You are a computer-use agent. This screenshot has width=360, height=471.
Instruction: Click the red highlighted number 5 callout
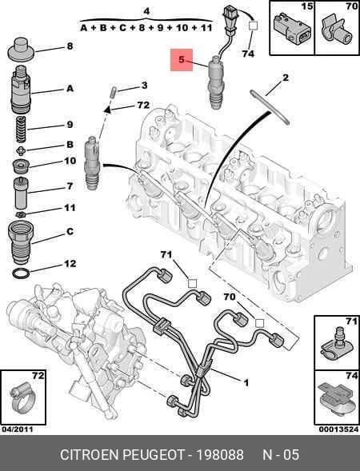tap(182, 59)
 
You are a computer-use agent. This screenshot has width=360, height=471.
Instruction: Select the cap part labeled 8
tap(21, 50)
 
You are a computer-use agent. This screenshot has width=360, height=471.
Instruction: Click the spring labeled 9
tap(21, 130)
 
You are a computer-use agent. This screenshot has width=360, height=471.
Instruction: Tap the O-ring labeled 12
tap(22, 273)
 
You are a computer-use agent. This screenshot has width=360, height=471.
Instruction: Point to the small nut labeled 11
tap(21, 214)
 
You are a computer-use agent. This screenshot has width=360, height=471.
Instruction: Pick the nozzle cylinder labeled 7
tap(21, 194)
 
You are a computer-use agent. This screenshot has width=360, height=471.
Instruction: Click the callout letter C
tap(70, 232)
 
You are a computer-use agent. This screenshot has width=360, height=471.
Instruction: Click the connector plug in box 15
tap(291, 30)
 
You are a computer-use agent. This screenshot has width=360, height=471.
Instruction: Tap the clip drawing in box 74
tap(336, 401)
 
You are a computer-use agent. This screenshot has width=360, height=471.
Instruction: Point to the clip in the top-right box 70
tap(336, 30)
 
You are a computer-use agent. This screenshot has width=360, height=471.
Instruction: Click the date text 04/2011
tap(17, 429)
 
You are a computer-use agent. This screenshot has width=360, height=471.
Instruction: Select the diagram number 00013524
tap(338, 429)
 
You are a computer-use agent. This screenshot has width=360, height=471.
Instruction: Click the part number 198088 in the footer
tap(220, 454)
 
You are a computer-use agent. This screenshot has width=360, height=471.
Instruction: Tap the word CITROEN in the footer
tap(90, 454)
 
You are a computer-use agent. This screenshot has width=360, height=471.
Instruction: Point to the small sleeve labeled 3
tap(114, 91)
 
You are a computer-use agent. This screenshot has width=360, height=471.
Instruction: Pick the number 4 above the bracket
tap(146, 11)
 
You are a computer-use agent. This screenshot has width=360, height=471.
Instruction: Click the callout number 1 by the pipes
tap(246, 383)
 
